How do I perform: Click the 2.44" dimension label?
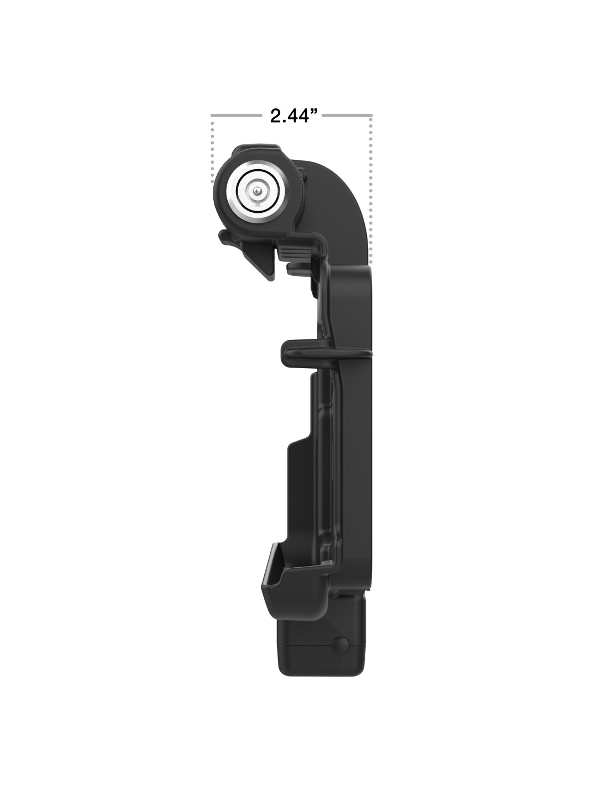(293, 116)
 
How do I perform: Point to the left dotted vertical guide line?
(212, 151)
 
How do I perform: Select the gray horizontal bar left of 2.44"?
(237, 116)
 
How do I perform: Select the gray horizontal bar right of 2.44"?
(347, 116)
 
